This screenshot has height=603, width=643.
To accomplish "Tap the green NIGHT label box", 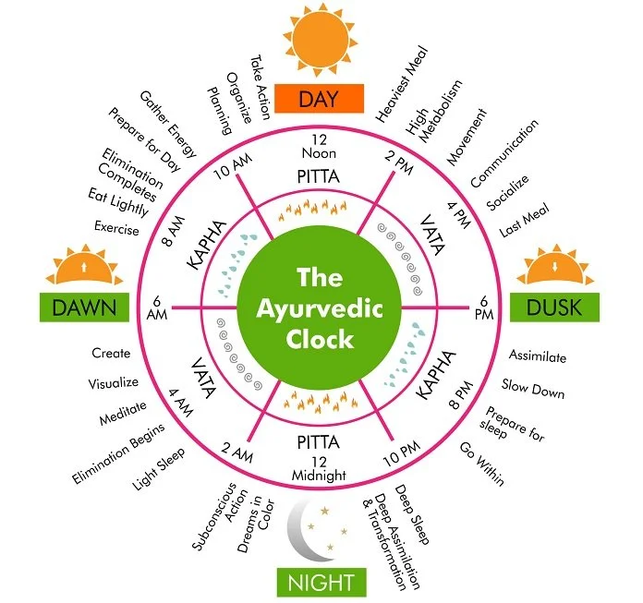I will click(321, 582).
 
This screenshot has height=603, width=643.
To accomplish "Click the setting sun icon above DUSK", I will click(555, 266).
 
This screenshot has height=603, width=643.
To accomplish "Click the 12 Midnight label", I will click(319, 468).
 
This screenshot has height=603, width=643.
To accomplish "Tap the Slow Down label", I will click(533, 388).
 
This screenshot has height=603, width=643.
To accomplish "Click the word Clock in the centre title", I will click(319, 338).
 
